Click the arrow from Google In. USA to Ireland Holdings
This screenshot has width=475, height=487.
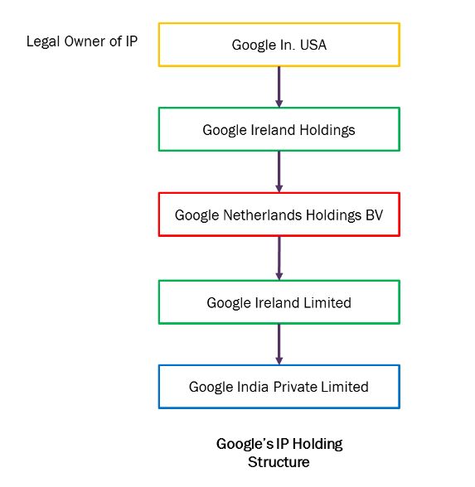pos(279,87)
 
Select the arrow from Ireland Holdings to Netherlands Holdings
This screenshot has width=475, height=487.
pos(279,171)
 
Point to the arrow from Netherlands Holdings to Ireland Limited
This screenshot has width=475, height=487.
pos(279,258)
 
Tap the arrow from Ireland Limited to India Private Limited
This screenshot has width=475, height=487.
pos(279,345)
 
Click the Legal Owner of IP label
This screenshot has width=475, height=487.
pos(82,41)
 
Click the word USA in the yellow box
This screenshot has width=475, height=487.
pos(313,45)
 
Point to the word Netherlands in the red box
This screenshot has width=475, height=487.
pos(262,215)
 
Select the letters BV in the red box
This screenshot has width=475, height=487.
pos(375,215)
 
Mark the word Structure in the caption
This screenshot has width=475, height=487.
pos(279,462)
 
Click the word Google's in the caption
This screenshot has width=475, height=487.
pos(245,445)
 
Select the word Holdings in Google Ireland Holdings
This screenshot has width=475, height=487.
pos(327,131)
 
